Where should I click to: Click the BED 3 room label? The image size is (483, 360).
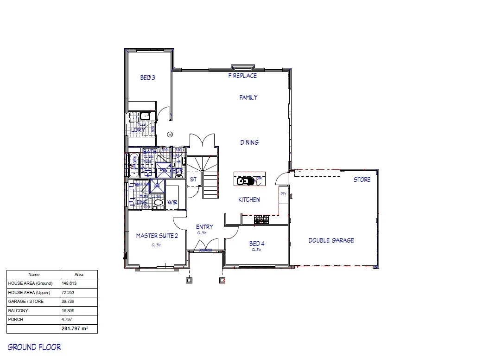(x=147, y=78)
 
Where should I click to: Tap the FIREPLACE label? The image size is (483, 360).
(x=242, y=76)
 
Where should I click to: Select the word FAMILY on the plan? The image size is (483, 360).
(x=248, y=97)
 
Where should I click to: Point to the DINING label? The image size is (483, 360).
(x=249, y=142)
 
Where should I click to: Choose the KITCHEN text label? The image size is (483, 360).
(x=249, y=199)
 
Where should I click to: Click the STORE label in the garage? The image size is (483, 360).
(x=362, y=180)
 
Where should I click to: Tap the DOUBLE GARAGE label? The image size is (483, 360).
(x=331, y=240)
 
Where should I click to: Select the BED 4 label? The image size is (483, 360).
(x=256, y=244)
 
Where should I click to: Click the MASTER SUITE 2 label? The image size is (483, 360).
(x=157, y=236)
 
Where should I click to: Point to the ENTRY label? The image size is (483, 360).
(x=204, y=227)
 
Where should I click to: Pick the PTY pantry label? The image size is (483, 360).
(x=283, y=194)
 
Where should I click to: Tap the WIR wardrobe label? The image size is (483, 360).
(x=172, y=203)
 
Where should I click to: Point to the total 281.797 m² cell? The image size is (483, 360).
(x=74, y=328)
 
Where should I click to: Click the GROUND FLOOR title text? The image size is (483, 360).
(x=34, y=347)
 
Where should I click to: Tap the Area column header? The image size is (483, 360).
(x=78, y=275)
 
